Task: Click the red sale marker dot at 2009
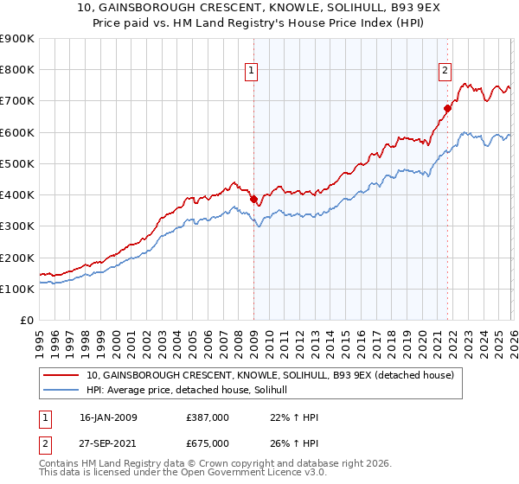pyautogui.click(x=253, y=199)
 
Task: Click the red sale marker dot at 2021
pyautogui.click(x=448, y=108)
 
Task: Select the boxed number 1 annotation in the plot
pyautogui.click(x=252, y=72)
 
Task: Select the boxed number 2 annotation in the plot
pyautogui.click(x=445, y=72)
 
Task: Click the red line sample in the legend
pyautogui.click(x=62, y=375)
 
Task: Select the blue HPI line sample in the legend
pyautogui.click(x=62, y=391)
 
